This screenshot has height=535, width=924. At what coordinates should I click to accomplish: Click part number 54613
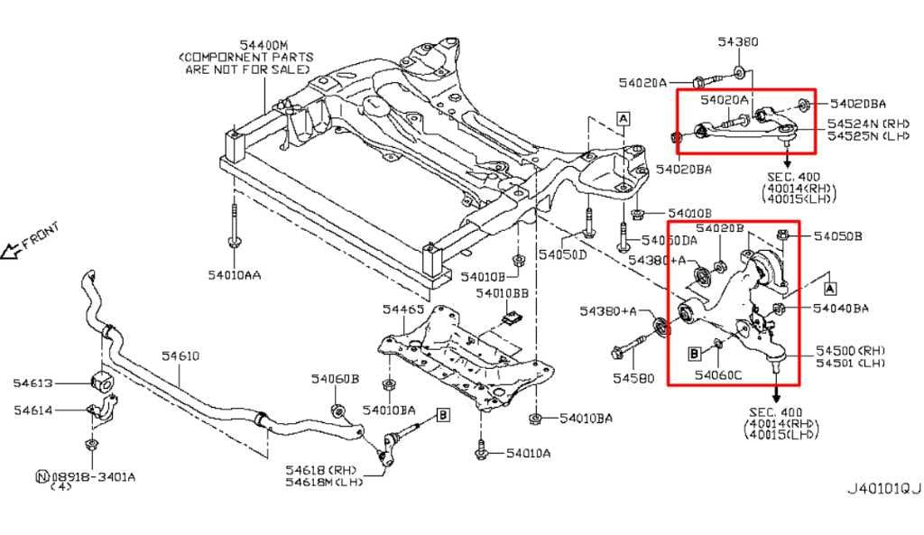(34, 383)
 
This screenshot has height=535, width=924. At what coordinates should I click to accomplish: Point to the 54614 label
(34, 411)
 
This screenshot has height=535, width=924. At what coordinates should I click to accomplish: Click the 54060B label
(336, 379)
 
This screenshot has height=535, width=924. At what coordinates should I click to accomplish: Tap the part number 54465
(402, 309)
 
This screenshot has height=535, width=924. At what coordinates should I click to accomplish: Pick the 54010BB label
(503, 294)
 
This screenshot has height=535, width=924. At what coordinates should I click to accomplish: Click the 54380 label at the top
(738, 42)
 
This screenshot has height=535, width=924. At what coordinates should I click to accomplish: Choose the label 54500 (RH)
(850, 350)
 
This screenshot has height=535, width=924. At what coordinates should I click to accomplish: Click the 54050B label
(837, 236)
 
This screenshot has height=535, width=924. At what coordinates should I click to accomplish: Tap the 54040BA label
(840, 309)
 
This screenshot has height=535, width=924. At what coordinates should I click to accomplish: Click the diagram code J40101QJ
(882, 489)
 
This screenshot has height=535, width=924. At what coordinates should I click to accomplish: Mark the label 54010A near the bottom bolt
(527, 454)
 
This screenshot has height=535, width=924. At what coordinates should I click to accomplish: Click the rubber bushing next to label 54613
(100, 382)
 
